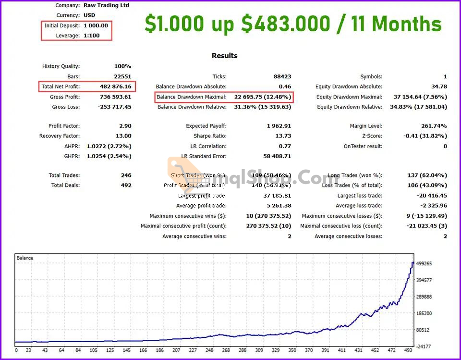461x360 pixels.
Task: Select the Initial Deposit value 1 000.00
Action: pos(96,25)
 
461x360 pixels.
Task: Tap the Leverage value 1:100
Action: pos(91,36)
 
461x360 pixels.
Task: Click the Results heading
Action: pos(225,56)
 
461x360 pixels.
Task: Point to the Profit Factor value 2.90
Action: pos(125,126)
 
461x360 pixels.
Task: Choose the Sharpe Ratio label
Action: pos(210,136)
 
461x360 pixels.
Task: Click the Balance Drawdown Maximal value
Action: pos(262,97)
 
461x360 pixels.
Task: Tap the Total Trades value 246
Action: pos(126,175)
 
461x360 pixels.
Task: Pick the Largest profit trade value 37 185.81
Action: pos(274,196)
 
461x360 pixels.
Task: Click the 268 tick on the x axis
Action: pos(226,350)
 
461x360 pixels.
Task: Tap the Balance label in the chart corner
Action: pos(25,258)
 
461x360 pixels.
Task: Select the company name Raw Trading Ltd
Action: pos(106,5)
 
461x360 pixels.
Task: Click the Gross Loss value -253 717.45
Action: pos(114,107)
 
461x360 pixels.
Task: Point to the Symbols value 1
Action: pos(445,76)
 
